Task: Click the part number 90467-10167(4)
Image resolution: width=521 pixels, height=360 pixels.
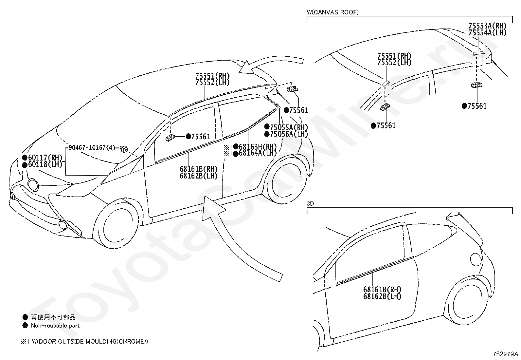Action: pyautogui.click(x=92, y=147)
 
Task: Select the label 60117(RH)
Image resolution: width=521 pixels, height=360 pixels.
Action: pyautogui.click(x=45, y=158)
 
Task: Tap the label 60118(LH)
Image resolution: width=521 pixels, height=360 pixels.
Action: pyautogui.click(x=45, y=165)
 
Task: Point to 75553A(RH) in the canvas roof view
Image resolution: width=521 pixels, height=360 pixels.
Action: pyautogui.click(x=488, y=26)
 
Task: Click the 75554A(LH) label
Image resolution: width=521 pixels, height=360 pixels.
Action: pyautogui.click(x=488, y=33)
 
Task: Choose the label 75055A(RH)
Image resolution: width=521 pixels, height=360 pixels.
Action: pyautogui.click(x=289, y=127)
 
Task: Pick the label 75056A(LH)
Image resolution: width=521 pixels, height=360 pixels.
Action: pyautogui.click(x=289, y=134)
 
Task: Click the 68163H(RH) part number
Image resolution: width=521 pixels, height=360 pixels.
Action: pyautogui.click(x=258, y=147)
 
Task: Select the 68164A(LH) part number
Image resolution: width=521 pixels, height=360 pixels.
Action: pyautogui.click(x=258, y=153)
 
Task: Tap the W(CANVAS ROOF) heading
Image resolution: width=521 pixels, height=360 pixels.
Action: pyautogui.click(x=333, y=12)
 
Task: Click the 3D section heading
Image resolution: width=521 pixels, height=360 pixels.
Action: pyautogui.click(x=310, y=203)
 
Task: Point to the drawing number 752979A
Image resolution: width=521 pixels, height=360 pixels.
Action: pyautogui.click(x=506, y=354)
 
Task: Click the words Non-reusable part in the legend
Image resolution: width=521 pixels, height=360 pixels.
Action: pyautogui.click(x=55, y=326)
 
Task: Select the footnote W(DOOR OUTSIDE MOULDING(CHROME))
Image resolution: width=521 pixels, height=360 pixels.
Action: pyautogui.click(x=90, y=341)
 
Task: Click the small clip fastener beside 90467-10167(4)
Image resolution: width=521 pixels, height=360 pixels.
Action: pyautogui.click(x=124, y=149)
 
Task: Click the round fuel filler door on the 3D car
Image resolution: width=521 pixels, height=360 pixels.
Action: pyautogui.click(x=476, y=259)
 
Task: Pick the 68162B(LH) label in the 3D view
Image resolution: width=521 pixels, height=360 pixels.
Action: pyautogui.click(x=382, y=296)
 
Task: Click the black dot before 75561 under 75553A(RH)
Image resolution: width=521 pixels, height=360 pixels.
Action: pyautogui.click(x=464, y=106)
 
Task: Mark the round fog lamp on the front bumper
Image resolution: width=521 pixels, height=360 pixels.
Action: pyautogui.click(x=33, y=184)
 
